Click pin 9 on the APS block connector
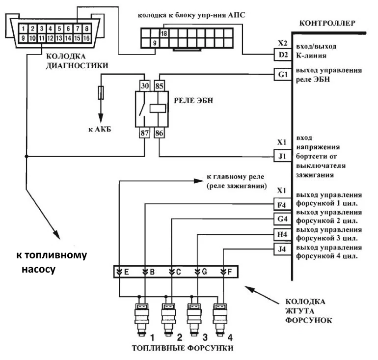[x=155, y=43]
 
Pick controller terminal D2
[x=282, y=55]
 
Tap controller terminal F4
[x=282, y=202]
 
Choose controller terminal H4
[x=282, y=234]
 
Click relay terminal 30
[x=145, y=84]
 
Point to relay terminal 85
[x=160, y=84]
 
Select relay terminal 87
[x=145, y=133]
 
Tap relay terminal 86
[x=160, y=133]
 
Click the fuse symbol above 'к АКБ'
[x=101, y=92]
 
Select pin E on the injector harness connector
[x=123, y=272]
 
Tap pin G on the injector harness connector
[x=201, y=272]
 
